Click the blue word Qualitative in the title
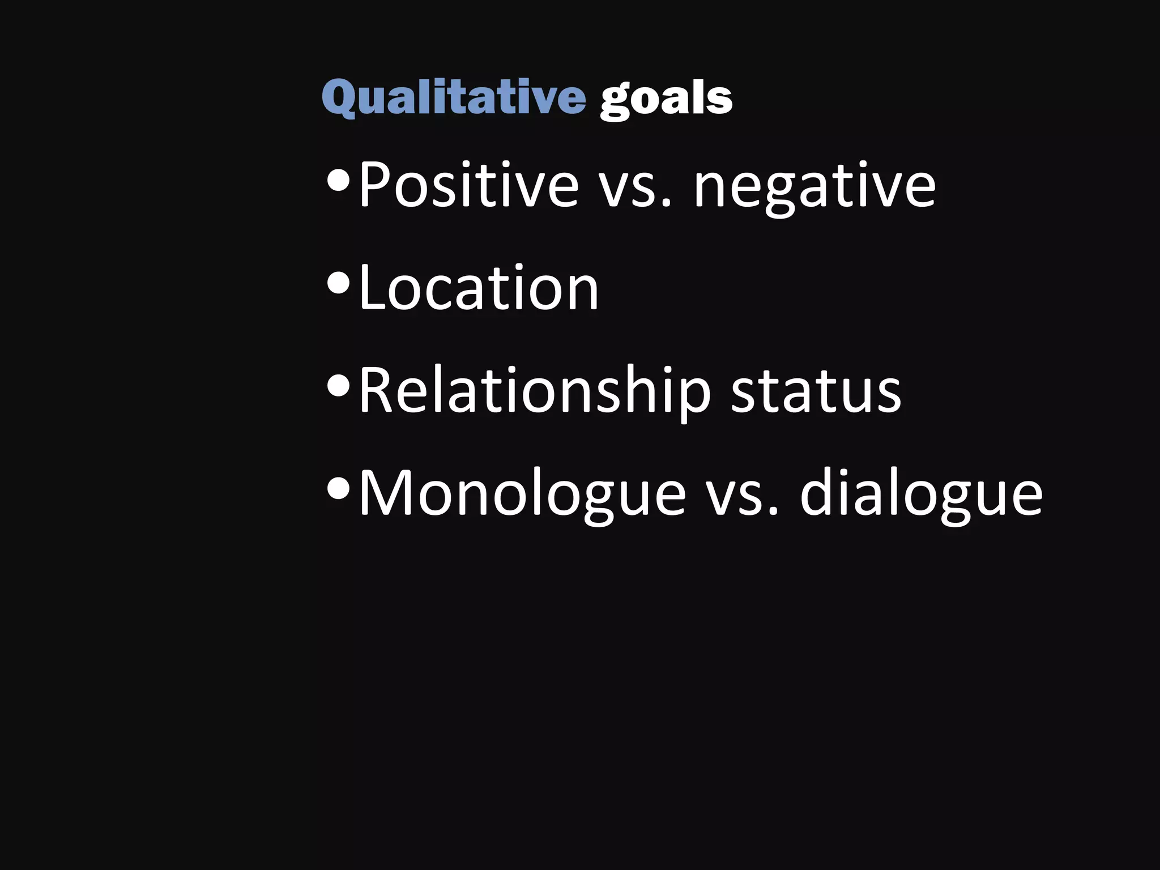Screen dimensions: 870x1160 (x=454, y=98)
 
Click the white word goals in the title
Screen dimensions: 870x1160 (x=666, y=100)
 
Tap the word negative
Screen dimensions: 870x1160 (x=814, y=187)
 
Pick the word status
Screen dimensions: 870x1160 (x=816, y=391)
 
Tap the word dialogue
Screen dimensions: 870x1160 (x=920, y=494)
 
